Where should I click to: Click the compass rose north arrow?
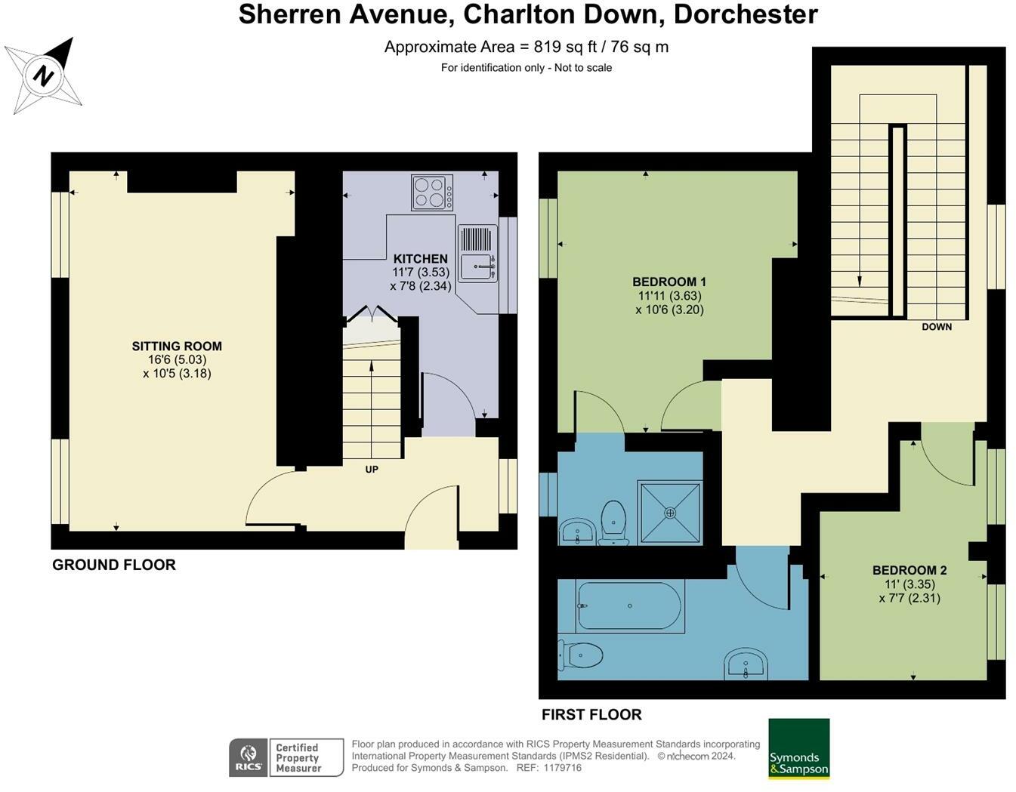[x=44, y=76]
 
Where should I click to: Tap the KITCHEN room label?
[x=420, y=258]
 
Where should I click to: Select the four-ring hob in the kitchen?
[x=432, y=192]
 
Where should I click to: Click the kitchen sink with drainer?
[x=477, y=253]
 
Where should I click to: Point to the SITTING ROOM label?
[x=177, y=347]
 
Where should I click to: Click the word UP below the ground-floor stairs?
[x=372, y=470]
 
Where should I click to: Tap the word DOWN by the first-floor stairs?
[x=936, y=327]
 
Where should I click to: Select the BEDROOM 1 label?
[x=669, y=282]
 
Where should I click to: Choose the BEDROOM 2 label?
[x=909, y=570]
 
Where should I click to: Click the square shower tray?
[x=670, y=513]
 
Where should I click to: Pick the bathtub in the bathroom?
[x=629, y=606]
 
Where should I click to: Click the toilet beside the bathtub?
[x=580, y=655]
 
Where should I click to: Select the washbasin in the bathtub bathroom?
[x=746, y=665]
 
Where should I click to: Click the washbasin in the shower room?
[x=578, y=532]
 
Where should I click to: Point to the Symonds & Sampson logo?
[x=798, y=748]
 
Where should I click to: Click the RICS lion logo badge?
[x=248, y=757]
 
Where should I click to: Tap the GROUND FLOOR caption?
[x=114, y=565]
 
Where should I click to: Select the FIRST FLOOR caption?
[x=591, y=714]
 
